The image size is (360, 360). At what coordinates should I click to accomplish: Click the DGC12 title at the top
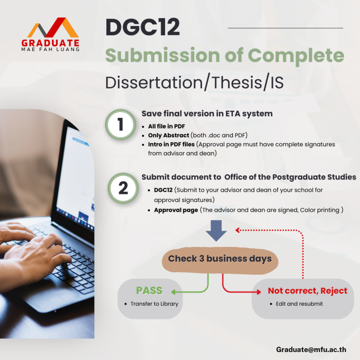point(142,27)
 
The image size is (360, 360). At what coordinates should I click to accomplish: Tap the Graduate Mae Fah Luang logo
point(51,34)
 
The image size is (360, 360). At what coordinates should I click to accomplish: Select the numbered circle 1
point(120,125)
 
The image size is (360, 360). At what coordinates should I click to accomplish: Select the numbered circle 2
point(123,188)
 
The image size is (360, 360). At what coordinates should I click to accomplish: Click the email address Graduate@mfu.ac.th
point(311,349)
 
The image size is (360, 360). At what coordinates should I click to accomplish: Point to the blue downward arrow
point(216,231)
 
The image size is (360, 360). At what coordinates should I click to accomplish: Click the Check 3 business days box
point(220,261)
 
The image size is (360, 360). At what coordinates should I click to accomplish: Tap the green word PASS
point(149,291)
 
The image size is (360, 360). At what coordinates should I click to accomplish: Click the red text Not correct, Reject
point(307,291)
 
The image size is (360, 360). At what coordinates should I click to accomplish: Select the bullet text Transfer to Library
point(154,304)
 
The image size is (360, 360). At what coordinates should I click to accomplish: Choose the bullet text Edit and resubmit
point(300,304)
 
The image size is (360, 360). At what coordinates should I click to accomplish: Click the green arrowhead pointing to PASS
point(173,292)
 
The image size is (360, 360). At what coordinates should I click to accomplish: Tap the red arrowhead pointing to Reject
point(259,292)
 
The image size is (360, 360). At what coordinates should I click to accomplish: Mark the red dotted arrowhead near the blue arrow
point(238,230)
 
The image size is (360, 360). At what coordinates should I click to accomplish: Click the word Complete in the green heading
point(296,56)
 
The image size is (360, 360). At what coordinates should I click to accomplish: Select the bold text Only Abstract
point(169,135)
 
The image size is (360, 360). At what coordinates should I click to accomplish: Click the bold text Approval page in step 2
point(176,210)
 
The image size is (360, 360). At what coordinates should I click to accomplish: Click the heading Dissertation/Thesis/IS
point(195,82)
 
